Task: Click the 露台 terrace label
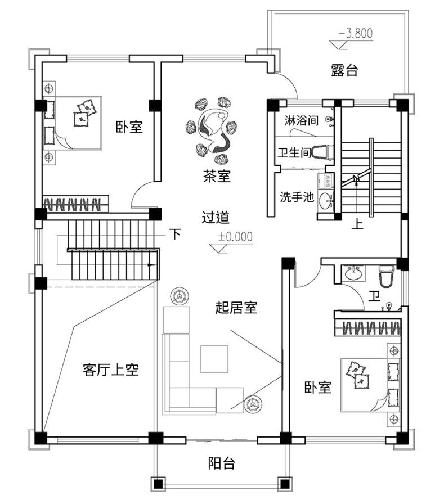(344, 71)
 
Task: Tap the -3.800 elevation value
(356, 33)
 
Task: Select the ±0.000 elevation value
(235, 236)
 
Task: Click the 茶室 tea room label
(217, 177)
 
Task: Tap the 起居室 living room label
(236, 307)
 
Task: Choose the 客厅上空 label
(110, 370)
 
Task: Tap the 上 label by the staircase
(357, 224)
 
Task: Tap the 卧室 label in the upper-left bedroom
(129, 127)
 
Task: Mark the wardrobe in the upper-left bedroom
(76, 204)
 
